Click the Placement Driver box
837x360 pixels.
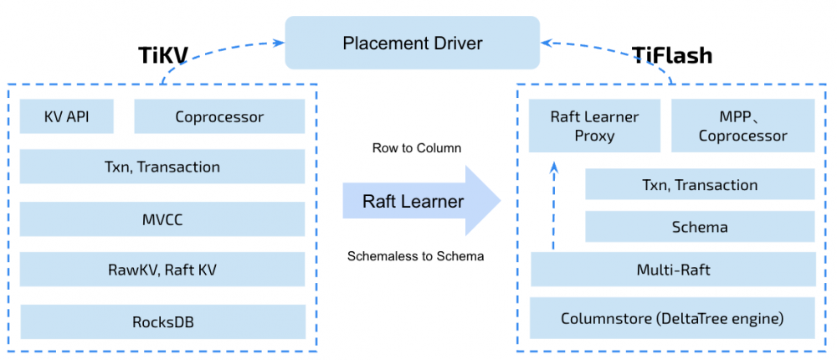point(413,43)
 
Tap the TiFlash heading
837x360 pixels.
point(672,56)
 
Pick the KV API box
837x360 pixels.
point(67,117)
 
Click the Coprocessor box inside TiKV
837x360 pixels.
point(219,117)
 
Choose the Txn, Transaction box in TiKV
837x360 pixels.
point(162,167)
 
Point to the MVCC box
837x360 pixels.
point(162,219)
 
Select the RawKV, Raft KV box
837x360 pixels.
point(162,270)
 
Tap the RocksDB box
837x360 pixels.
point(162,321)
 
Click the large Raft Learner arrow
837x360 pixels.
point(418,201)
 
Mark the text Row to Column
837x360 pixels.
point(417,148)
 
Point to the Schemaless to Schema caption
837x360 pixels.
point(415,256)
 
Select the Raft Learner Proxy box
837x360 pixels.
point(594,126)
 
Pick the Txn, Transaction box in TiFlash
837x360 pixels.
point(700,185)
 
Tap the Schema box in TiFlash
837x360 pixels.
point(700,227)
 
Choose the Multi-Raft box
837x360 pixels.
point(673,270)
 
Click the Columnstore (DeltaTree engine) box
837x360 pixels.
point(673,319)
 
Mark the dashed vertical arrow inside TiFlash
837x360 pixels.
point(552,205)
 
